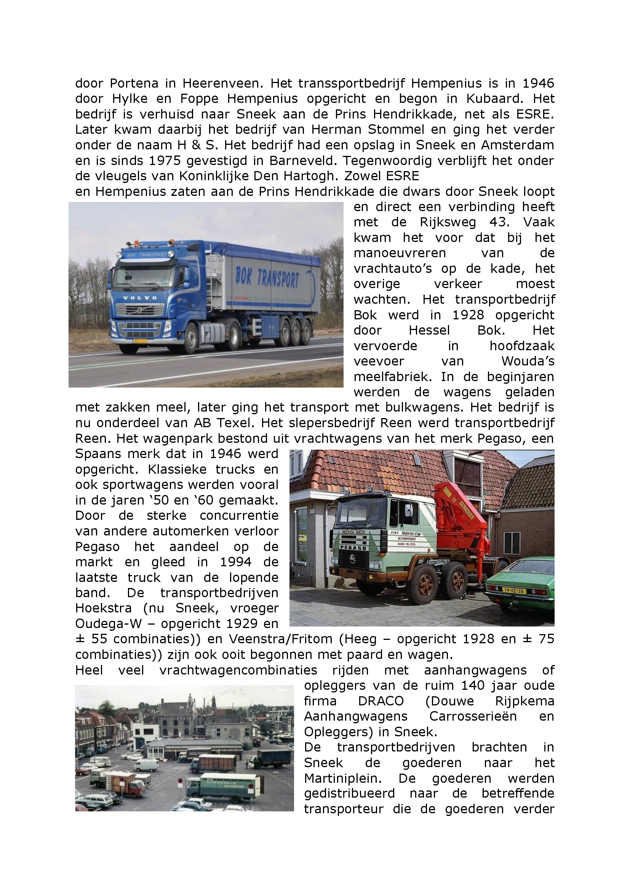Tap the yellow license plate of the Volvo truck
pos(140,341)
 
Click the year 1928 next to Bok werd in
pos(468,315)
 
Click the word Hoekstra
pos(104,609)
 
